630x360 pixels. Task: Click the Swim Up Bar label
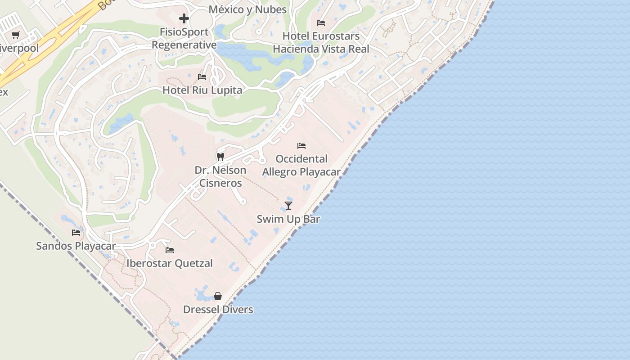point(288,219)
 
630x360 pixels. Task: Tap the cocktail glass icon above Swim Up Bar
point(288,206)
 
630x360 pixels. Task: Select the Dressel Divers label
point(218,310)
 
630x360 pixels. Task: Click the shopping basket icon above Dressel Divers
point(218,296)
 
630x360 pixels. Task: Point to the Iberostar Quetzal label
point(170,263)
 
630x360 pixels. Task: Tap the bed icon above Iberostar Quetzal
point(170,250)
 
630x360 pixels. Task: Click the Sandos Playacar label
point(76,246)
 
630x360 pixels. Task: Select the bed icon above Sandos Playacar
point(76,233)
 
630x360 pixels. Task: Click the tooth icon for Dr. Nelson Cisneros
point(220,157)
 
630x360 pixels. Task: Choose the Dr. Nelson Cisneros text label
point(220,176)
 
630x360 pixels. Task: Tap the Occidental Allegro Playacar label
point(301,165)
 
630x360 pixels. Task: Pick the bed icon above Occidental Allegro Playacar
point(301,146)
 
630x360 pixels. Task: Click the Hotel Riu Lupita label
point(202,90)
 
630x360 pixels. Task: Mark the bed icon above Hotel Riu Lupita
point(202,77)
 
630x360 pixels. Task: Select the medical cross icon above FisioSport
point(184,18)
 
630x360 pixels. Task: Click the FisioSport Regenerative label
point(184,38)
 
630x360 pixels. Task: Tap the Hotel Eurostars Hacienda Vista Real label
point(321,42)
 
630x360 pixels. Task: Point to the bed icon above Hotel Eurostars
point(321,22)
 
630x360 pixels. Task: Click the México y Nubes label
point(247,9)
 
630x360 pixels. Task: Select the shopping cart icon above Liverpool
point(16,35)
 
